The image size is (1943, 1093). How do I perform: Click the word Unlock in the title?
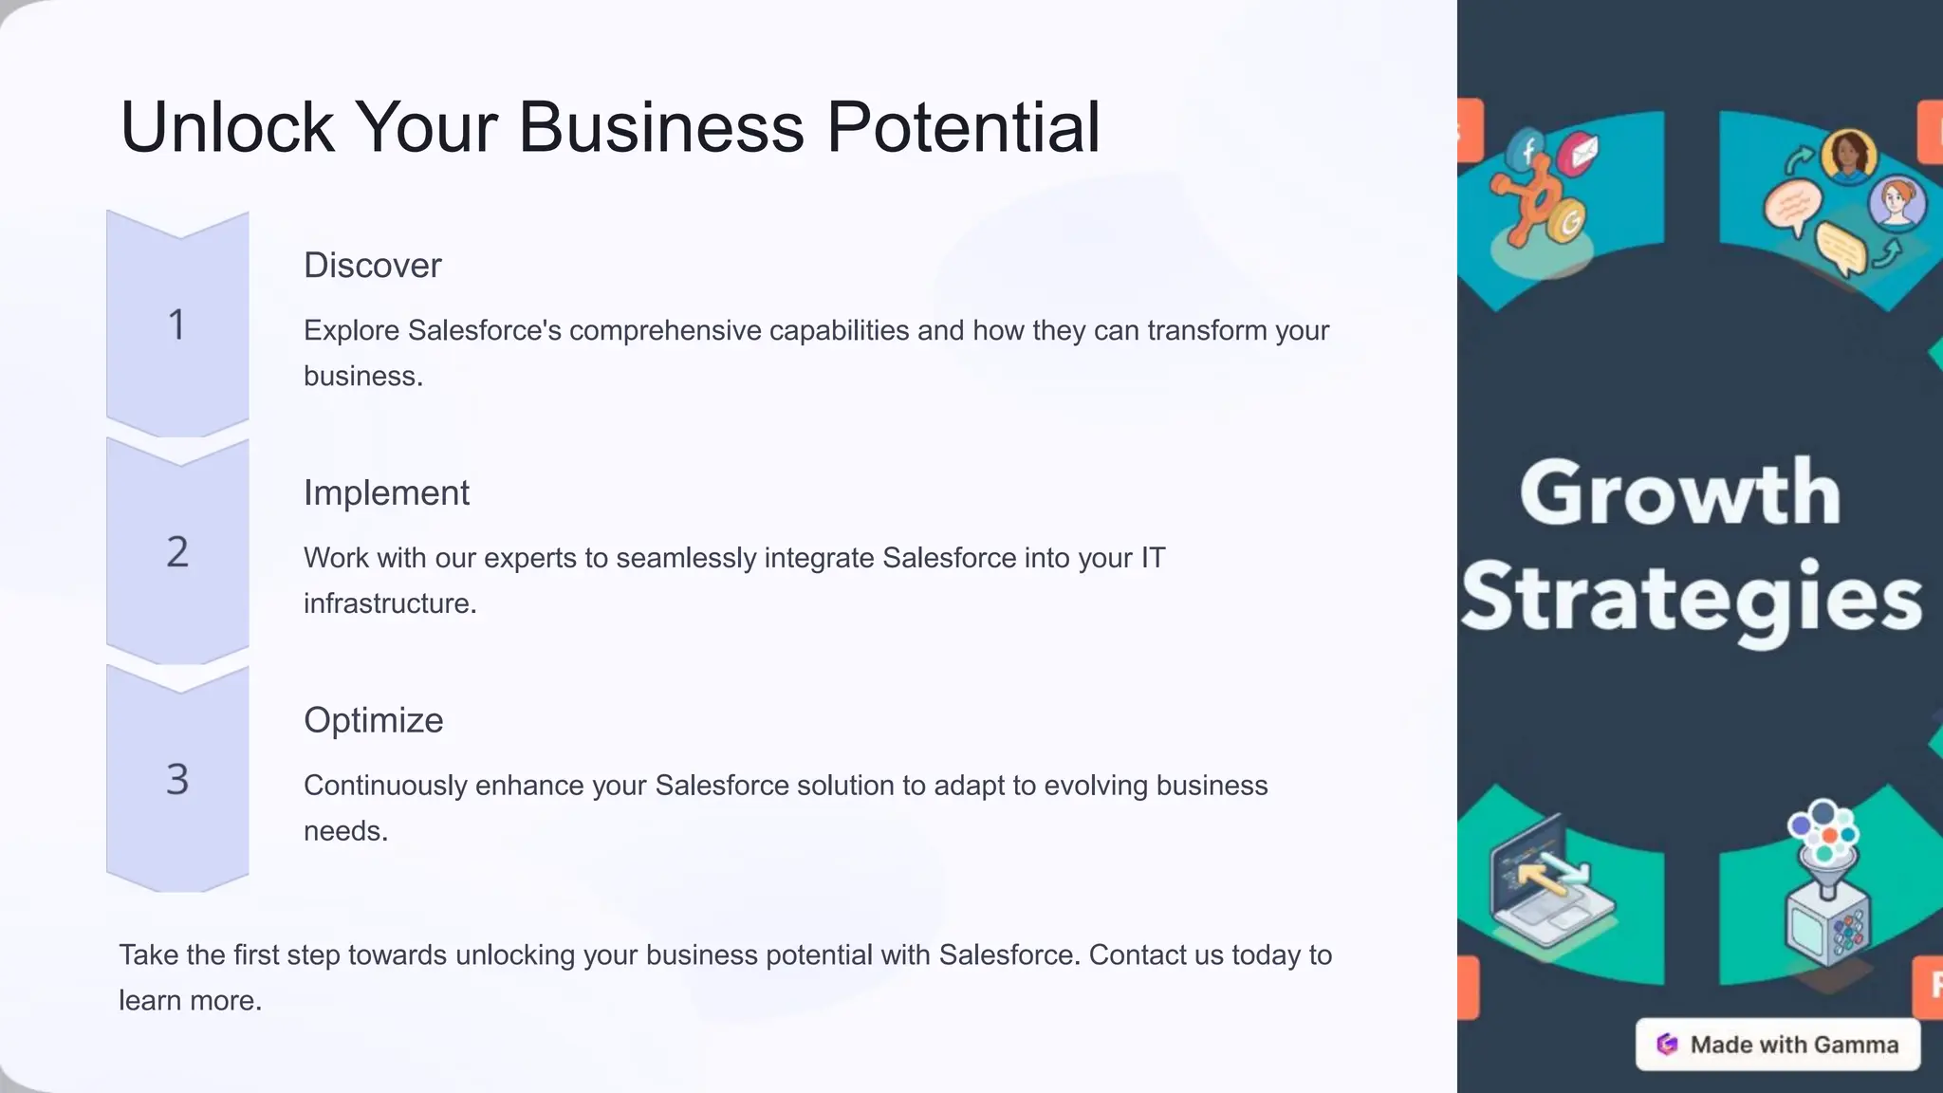tap(227, 127)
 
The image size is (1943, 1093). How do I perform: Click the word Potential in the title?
tap(963, 127)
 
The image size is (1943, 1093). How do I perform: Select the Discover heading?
tap(372, 266)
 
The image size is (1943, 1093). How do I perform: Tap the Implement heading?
tap(386, 493)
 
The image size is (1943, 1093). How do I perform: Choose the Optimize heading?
tap(373, 721)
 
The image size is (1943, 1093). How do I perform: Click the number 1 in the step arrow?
tap(177, 324)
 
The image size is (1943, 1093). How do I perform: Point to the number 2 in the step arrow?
tap(177, 552)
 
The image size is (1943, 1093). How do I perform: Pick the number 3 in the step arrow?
tap(177, 779)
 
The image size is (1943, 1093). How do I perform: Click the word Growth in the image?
tap(1680, 493)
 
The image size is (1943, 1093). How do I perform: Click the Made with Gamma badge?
tap(1778, 1045)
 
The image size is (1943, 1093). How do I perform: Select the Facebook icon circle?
tap(1527, 150)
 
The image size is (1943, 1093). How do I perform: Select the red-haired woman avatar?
tap(1897, 203)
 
